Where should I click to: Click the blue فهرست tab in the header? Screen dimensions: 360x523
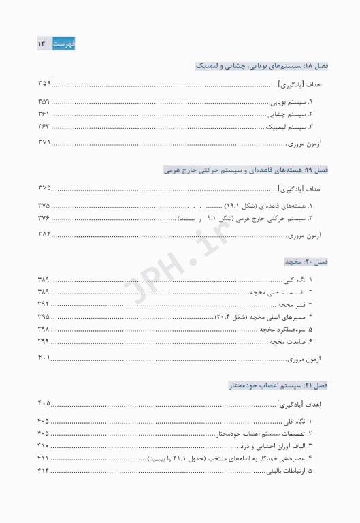tap(65, 44)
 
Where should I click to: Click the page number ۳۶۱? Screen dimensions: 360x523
tap(44, 114)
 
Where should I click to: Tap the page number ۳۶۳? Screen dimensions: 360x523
tap(44, 127)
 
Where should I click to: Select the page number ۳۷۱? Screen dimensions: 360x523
tap(44, 142)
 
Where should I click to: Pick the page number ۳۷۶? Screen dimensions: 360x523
tap(44, 218)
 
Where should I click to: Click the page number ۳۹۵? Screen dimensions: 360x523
tap(44, 317)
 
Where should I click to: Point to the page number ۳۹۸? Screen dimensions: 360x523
tap(44, 329)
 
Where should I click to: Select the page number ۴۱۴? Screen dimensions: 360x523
tap(44, 471)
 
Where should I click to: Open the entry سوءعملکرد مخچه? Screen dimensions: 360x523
tap(287, 329)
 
